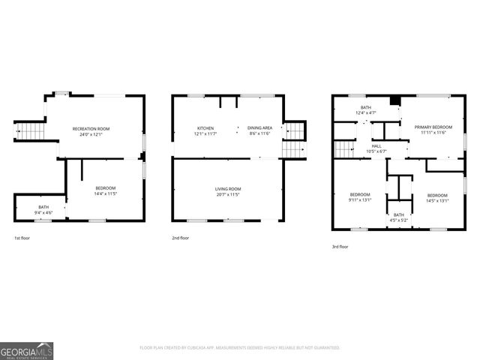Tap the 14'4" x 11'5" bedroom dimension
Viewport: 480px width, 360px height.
(x=106, y=194)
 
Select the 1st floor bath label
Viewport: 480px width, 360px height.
(x=43, y=207)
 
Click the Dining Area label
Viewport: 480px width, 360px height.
(x=260, y=128)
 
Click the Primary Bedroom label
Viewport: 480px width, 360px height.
(x=433, y=127)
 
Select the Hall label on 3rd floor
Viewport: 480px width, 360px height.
(x=376, y=146)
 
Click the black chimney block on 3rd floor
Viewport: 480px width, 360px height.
(x=396, y=102)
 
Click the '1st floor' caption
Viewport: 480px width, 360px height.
(x=22, y=238)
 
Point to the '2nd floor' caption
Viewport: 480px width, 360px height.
(x=181, y=238)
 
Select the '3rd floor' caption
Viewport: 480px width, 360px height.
(x=340, y=246)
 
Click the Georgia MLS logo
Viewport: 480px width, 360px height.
(x=26, y=350)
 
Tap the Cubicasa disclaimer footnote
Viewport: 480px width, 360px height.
(x=240, y=348)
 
